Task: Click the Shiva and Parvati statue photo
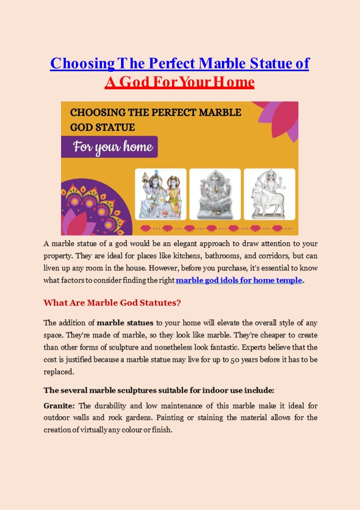point(160,194)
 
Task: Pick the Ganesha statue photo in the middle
point(215,194)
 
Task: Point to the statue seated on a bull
point(269,194)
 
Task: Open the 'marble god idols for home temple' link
point(239,280)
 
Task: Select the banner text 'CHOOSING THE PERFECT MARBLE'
point(156,113)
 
